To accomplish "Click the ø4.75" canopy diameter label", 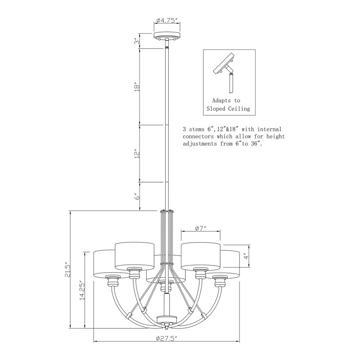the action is click(167, 21).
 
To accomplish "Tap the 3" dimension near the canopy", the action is click(137, 41).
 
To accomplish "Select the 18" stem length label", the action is click(137, 87).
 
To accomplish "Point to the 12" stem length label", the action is click(137, 154).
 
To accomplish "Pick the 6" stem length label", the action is click(137, 197).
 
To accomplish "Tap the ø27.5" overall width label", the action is click(166, 338).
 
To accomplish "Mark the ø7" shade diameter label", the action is click(201, 229).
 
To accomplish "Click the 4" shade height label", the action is click(246, 256).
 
